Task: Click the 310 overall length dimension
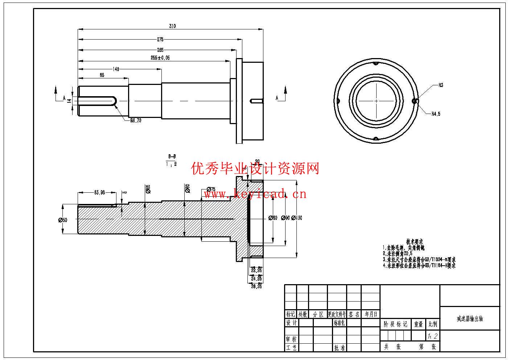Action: pyautogui.click(x=172, y=26)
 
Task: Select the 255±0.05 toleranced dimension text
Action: pyautogui.click(x=160, y=58)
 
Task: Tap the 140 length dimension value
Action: pyautogui.click(x=116, y=69)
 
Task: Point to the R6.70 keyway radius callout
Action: pyautogui.click(x=136, y=121)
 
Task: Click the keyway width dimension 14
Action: pyautogui.click(x=69, y=100)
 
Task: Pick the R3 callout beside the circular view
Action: pyautogui.click(x=441, y=86)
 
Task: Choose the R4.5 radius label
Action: pyautogui.click(x=436, y=114)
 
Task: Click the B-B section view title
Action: pyautogui.click(x=172, y=157)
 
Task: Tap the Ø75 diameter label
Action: pyautogui.click(x=210, y=189)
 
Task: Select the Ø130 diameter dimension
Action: pyautogui.click(x=296, y=218)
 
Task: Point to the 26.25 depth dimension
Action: pyautogui.click(x=256, y=286)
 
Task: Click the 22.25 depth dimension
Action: pyautogui.click(x=256, y=270)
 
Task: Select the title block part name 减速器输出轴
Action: pyautogui.click(x=469, y=319)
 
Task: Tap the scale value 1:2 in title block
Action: pyautogui.click(x=432, y=336)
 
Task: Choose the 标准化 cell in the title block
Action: pyautogui.click(x=339, y=323)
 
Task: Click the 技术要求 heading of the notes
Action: pyautogui.click(x=414, y=241)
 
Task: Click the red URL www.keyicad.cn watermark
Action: pyautogui.click(x=255, y=194)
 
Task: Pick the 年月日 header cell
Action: pyautogui.click(x=371, y=314)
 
